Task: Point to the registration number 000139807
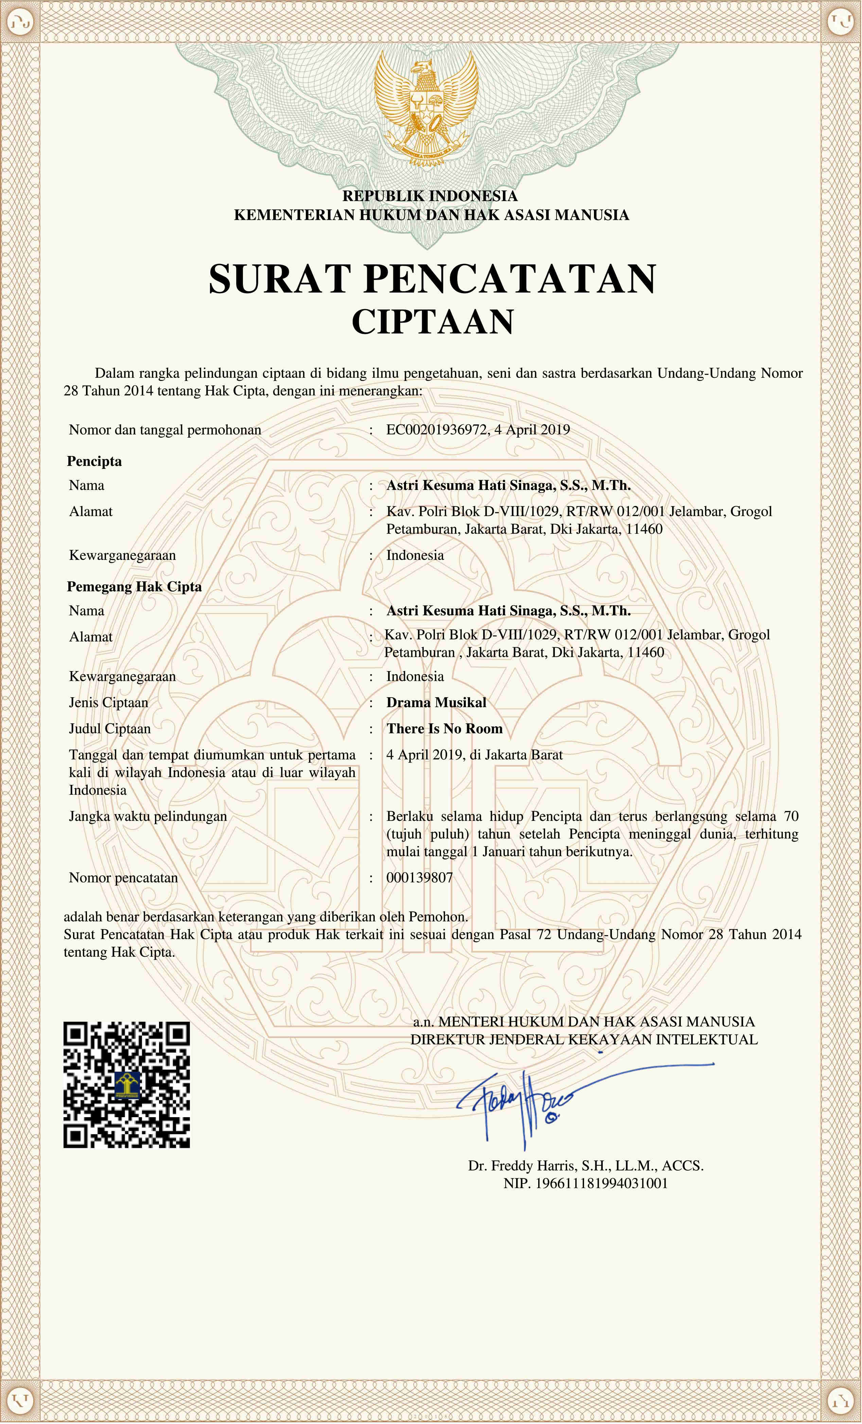click(419, 878)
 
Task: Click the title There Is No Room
click(444, 729)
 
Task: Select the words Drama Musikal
click(436, 703)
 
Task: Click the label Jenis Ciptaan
click(109, 703)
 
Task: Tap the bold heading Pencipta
click(94, 461)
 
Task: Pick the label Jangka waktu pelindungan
click(148, 816)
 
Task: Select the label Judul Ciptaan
click(110, 729)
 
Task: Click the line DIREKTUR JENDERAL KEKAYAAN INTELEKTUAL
click(583, 1040)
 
